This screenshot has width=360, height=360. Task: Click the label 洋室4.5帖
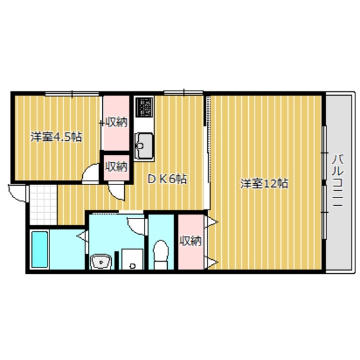57,137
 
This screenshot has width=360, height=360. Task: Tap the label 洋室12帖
264,184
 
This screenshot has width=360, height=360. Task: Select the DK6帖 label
167,179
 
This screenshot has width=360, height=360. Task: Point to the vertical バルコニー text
338,181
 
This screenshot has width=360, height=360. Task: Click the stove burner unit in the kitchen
144,107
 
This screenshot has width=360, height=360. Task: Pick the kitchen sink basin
144,146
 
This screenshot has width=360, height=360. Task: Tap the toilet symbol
161,255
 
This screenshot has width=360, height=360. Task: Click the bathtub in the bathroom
40,249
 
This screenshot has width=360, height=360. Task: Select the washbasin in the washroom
101,262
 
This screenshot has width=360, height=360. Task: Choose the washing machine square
132,259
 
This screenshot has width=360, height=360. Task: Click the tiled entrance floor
43,205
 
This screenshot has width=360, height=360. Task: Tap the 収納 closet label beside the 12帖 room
190,241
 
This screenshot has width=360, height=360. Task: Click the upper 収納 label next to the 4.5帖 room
116,122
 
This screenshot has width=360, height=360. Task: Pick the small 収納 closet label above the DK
116,166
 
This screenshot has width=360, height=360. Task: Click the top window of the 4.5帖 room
72,94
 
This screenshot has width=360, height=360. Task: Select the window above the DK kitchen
184,93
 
